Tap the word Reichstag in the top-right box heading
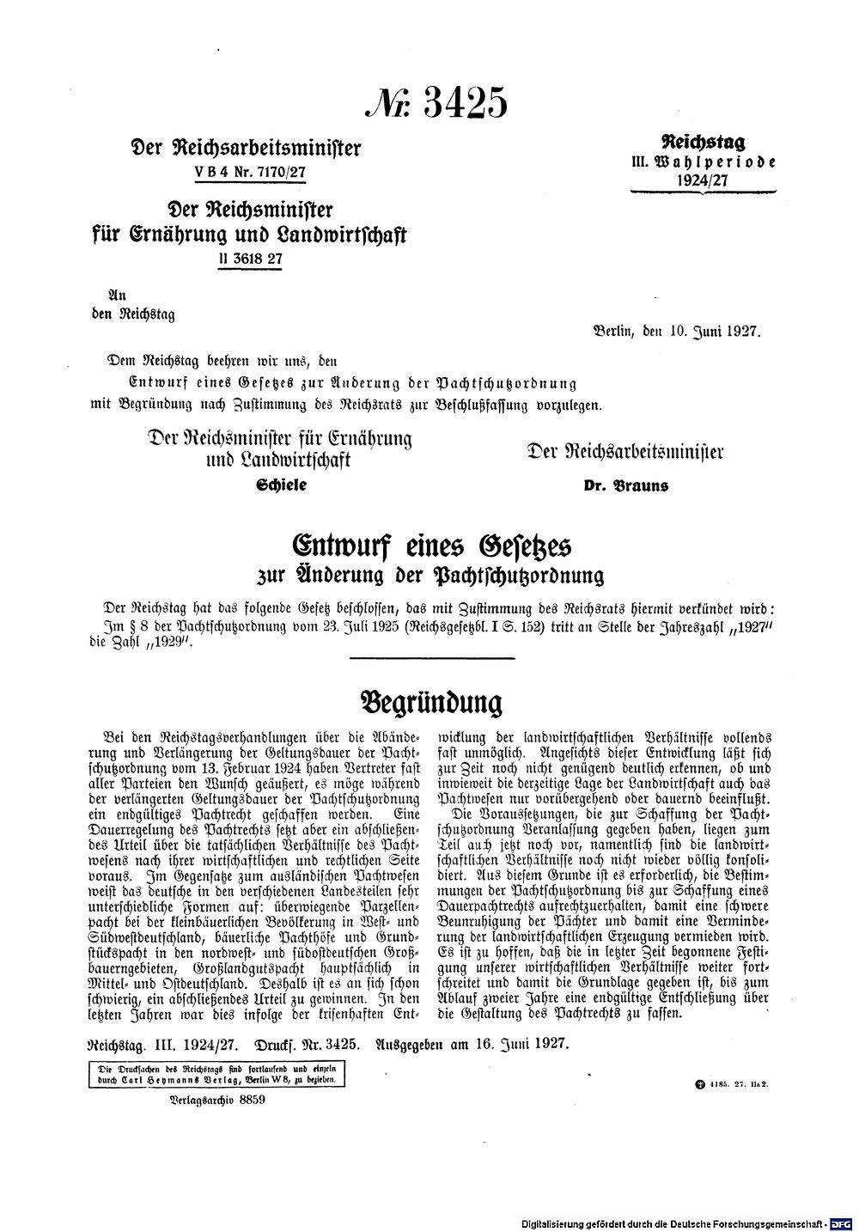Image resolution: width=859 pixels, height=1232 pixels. point(703,142)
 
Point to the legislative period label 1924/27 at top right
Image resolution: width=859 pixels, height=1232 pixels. point(703,179)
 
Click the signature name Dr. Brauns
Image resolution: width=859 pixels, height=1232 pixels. point(626,485)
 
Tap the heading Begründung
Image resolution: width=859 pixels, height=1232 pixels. point(429,702)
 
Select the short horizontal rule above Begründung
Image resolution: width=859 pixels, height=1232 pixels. point(431,659)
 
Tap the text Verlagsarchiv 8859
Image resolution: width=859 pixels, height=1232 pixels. point(207,1100)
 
